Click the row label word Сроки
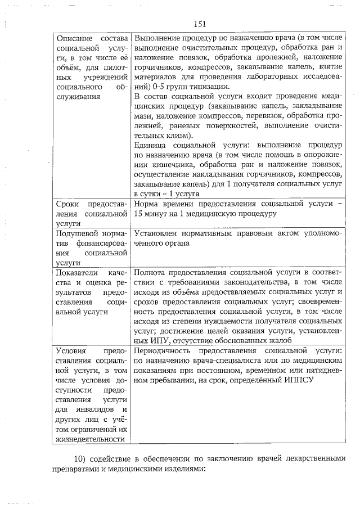70,205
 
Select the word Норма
146,205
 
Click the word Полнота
150,273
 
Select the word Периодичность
163,352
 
